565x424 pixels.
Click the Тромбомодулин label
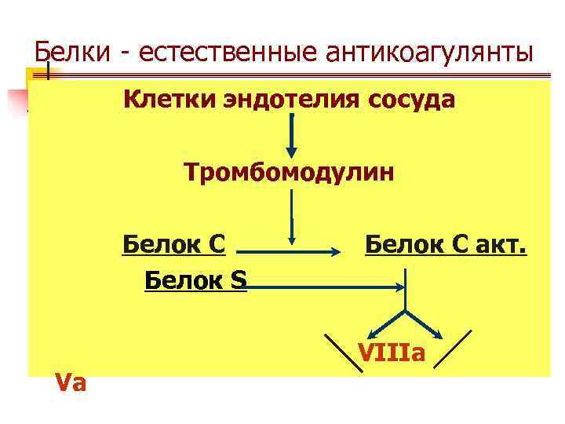tap(289, 171)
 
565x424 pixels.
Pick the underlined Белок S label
tap(195, 280)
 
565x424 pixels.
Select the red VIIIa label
tap(392, 353)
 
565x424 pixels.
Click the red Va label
tap(71, 382)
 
